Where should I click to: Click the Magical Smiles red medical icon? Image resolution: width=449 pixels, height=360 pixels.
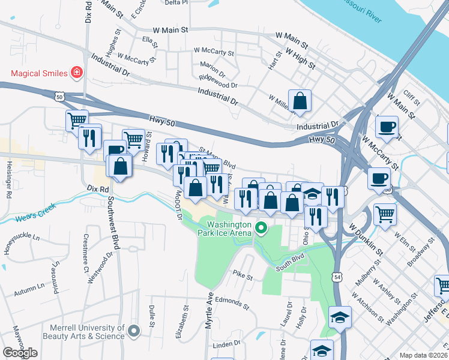point(76,74)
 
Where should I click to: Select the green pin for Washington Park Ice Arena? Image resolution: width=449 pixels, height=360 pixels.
point(261,227)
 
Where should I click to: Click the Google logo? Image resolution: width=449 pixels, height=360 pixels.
point(20,353)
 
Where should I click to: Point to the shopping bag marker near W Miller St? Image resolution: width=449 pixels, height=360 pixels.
point(300,101)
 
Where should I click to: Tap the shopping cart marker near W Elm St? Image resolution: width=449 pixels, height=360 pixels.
point(385,214)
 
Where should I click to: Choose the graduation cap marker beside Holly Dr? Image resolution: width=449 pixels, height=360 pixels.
point(340,317)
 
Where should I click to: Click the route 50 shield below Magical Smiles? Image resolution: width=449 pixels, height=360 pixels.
point(59,96)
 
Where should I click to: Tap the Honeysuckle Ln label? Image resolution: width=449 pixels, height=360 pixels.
point(22,243)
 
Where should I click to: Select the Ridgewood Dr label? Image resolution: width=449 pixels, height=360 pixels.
point(218,82)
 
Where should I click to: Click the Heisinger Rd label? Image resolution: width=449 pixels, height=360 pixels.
point(8,179)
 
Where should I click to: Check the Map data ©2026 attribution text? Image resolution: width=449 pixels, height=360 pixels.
point(423,355)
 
